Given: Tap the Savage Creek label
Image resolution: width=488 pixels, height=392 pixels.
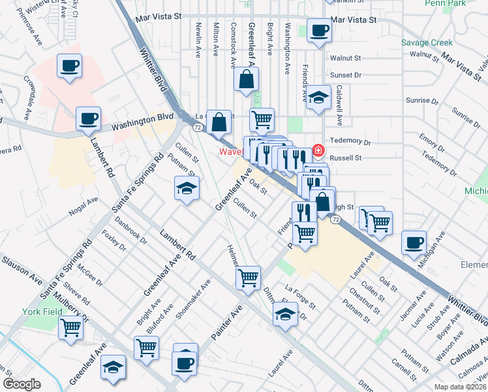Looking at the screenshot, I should click(427, 42).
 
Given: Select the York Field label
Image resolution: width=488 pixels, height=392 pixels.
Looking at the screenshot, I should click(44, 312).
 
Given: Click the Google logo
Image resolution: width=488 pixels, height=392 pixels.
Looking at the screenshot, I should click(22, 384).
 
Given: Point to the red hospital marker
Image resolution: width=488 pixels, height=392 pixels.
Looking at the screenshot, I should click(318, 150).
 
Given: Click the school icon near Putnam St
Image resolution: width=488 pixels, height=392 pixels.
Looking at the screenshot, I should click(187, 189).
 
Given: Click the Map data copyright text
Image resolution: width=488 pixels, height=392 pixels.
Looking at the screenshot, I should click(461, 386).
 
